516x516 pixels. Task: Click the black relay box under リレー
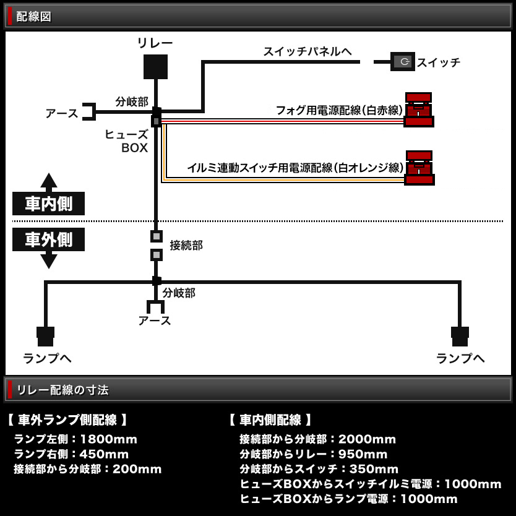(x=155, y=67)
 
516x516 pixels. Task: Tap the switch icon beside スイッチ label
(x=403, y=61)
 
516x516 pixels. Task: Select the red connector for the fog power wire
(x=419, y=110)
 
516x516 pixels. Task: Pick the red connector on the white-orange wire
(x=419, y=168)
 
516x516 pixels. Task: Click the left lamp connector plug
(x=45, y=336)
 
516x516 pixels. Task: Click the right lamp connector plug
(x=460, y=336)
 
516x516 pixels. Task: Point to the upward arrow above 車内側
(x=49, y=181)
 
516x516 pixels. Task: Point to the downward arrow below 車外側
(x=49, y=260)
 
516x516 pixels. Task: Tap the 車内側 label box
(x=48, y=204)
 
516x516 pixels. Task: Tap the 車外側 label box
(x=48, y=239)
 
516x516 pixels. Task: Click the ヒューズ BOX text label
(x=126, y=141)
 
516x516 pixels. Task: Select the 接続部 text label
(x=186, y=246)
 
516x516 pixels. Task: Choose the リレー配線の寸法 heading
(x=62, y=390)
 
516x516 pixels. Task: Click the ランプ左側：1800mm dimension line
(x=75, y=439)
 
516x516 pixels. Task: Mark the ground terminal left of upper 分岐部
(x=89, y=112)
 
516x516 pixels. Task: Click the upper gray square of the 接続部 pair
(x=156, y=236)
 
